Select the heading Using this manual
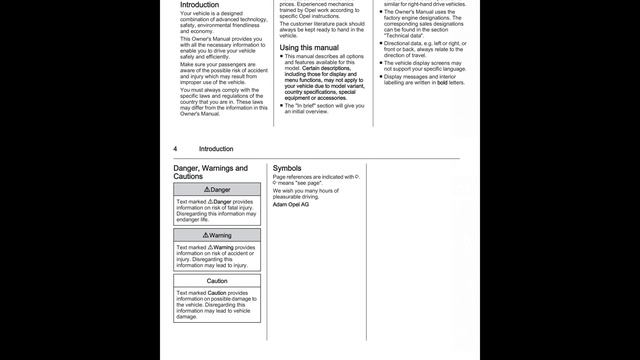coord(309,47)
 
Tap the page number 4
coord(176,149)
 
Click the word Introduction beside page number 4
coord(216,149)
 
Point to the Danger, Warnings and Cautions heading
coord(210,172)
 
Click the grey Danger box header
coord(217,189)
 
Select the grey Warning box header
coord(217,235)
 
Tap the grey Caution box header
coord(217,281)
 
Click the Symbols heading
coord(287,168)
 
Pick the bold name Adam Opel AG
coord(291,204)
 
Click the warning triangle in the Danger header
coord(206,189)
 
